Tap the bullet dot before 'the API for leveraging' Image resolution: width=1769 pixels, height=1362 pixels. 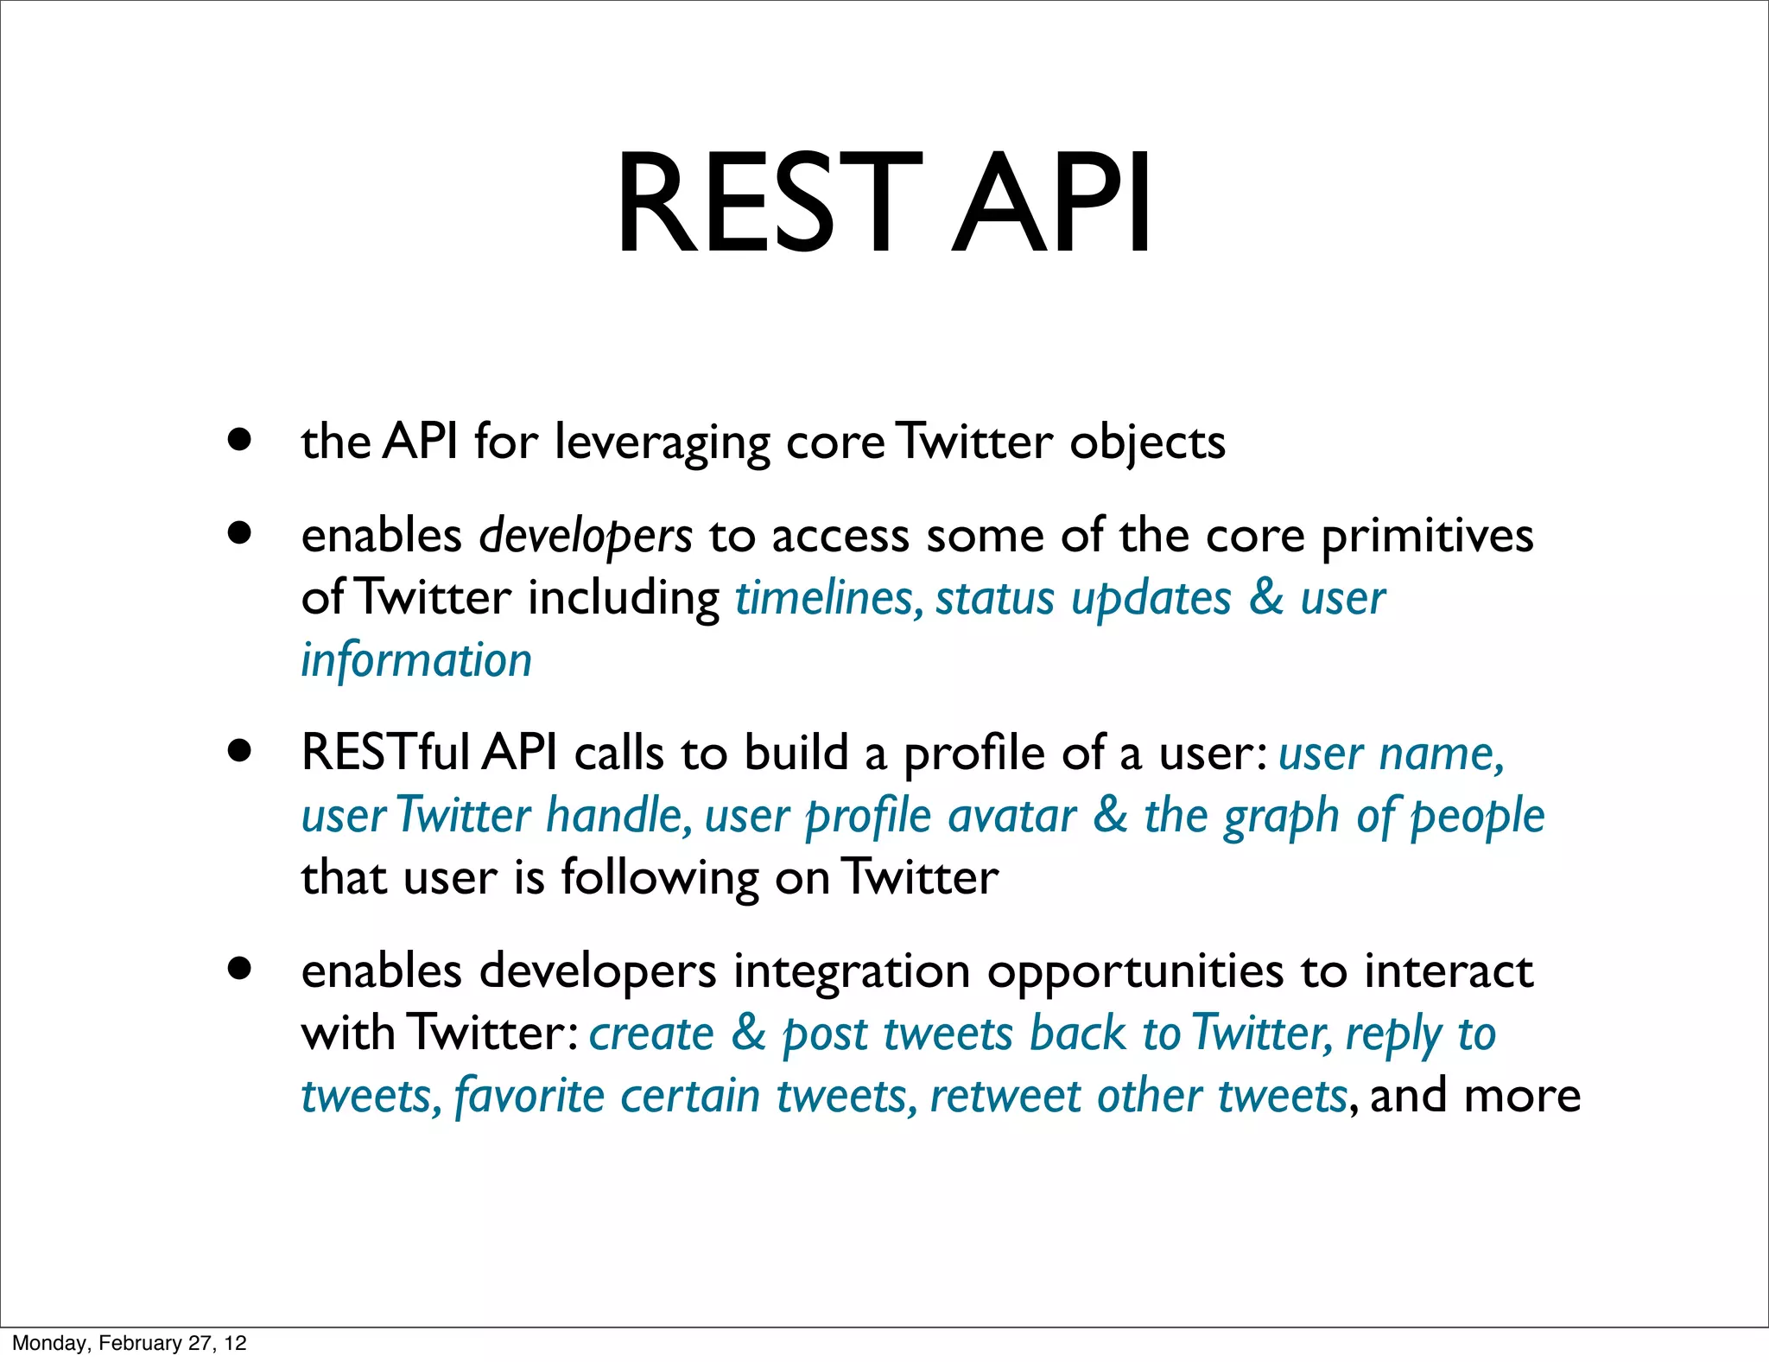240,439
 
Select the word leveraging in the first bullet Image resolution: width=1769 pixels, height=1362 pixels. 662,443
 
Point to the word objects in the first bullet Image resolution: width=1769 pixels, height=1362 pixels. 1147,443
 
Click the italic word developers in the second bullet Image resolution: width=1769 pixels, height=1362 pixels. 586,537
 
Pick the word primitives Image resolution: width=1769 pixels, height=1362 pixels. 1427,537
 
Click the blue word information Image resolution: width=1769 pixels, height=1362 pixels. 416,660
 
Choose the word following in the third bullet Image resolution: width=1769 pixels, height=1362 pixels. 660,879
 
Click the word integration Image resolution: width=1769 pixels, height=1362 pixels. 852,971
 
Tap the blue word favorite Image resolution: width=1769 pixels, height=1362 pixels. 529,1096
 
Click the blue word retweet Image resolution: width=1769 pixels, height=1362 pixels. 1005,1096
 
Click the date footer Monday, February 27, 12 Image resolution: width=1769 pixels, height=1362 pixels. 130,1343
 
